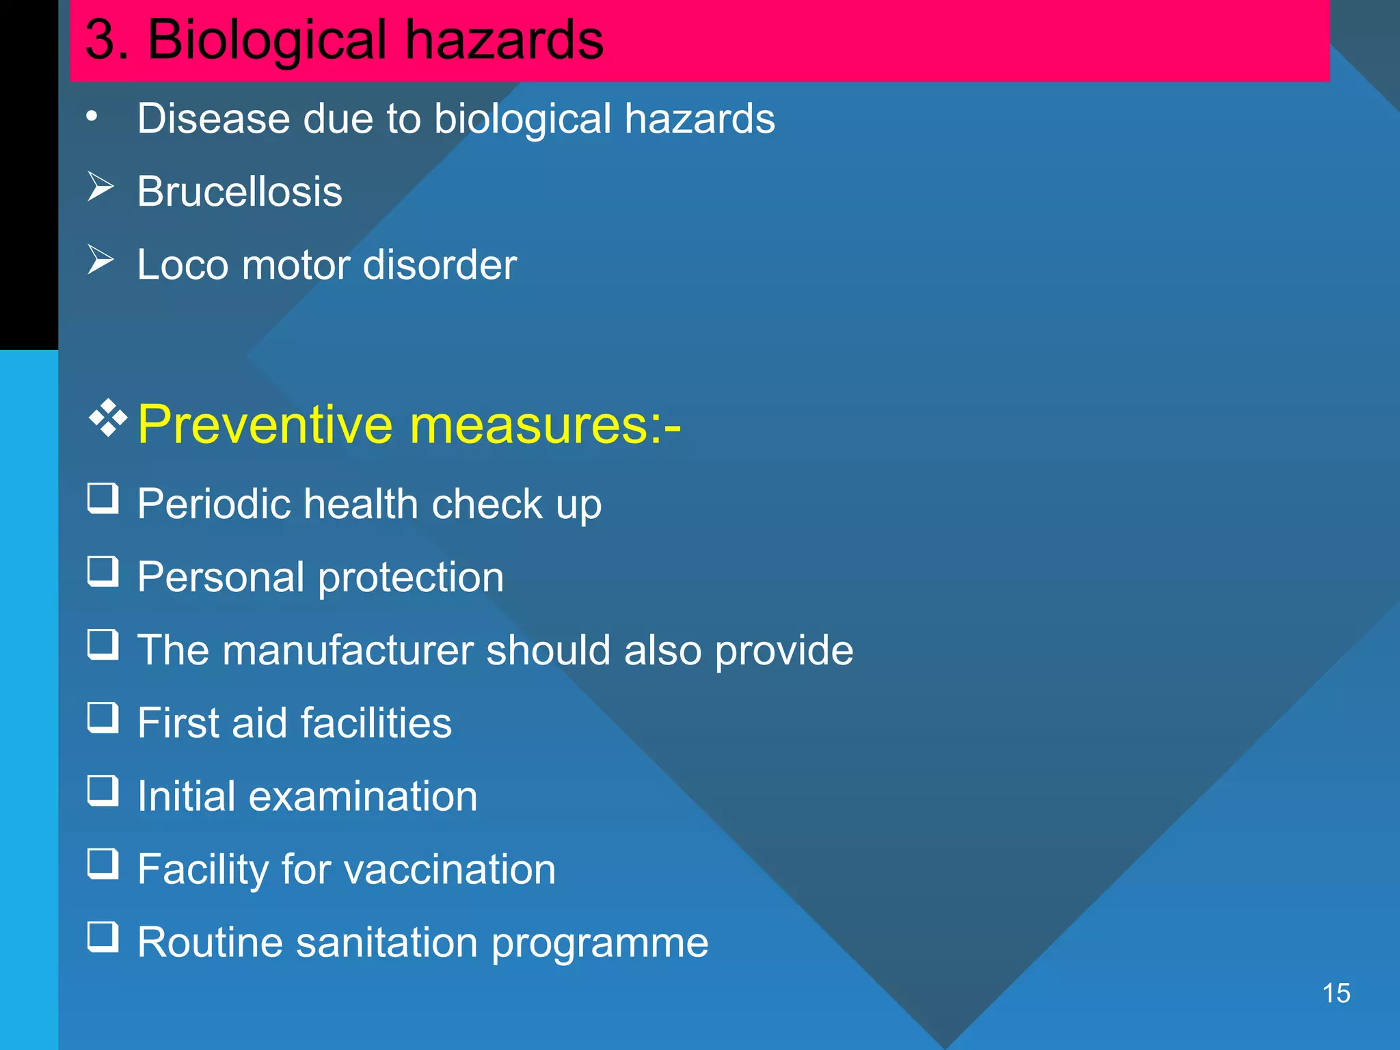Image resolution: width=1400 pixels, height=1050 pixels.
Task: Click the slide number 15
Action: tap(1336, 993)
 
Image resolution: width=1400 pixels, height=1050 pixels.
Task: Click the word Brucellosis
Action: tap(239, 191)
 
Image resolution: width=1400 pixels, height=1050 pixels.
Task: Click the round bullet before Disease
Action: tap(92, 117)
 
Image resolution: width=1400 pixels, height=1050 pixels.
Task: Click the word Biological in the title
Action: tap(267, 39)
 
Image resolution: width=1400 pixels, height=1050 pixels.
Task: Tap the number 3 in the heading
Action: tap(100, 39)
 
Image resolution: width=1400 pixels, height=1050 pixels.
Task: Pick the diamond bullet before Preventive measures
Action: tap(108, 418)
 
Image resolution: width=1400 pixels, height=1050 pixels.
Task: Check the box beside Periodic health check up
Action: tap(103, 498)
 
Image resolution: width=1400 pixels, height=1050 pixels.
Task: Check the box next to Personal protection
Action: tap(103, 571)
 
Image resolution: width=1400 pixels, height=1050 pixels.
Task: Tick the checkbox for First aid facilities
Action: tap(103, 718)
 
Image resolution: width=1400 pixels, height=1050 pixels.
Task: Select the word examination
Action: tap(363, 796)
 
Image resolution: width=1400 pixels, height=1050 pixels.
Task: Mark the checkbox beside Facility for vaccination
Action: tap(103, 864)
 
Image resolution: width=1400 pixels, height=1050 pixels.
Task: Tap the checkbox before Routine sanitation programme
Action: tap(103, 937)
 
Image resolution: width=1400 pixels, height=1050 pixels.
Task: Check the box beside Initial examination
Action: tap(103, 791)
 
